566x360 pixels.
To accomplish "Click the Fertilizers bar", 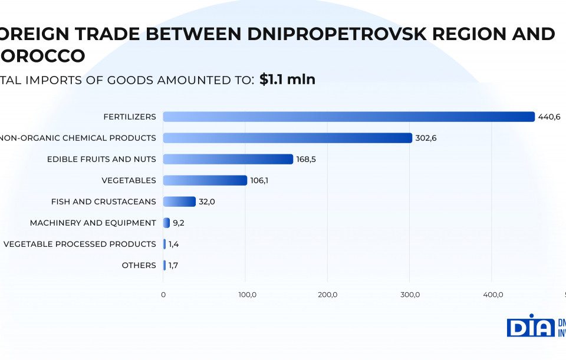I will (x=348, y=117).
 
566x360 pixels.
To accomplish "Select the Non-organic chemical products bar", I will (x=287, y=138).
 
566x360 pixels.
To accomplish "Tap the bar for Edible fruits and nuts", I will (x=228, y=159).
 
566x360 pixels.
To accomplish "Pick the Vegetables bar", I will (x=205, y=180).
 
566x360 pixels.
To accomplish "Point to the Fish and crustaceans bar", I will (x=179, y=202).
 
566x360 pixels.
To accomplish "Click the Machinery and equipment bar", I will (x=166, y=223).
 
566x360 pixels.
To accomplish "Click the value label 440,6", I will (x=549, y=117).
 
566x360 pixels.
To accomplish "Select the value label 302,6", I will (x=426, y=138).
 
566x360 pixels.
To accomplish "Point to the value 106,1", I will (x=259, y=180).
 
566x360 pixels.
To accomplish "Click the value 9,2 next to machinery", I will (x=178, y=223).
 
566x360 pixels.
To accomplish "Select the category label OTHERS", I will (x=139, y=265).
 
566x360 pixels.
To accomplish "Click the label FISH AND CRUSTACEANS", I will (x=104, y=202).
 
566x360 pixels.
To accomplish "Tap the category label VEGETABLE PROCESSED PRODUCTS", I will (x=80, y=244).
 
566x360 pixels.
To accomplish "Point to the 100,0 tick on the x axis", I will (x=246, y=295).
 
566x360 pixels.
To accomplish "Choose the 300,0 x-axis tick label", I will (x=410, y=295).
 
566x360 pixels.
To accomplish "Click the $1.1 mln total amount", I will (x=287, y=80).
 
